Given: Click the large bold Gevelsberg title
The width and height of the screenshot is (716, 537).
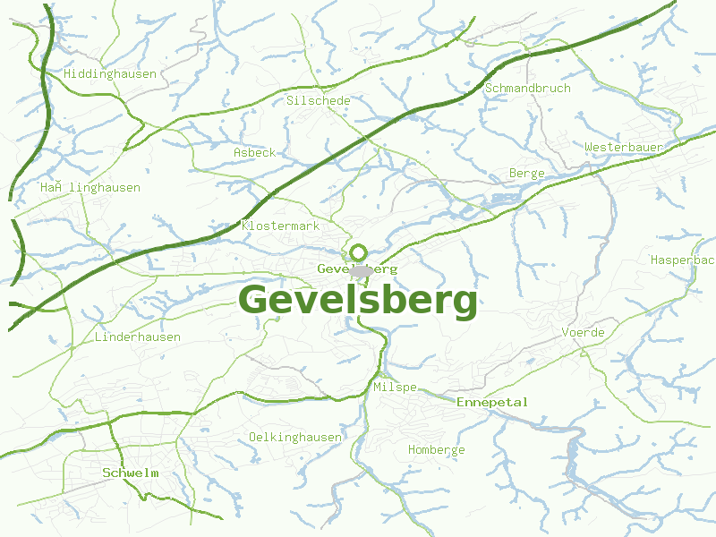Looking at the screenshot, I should [x=358, y=301].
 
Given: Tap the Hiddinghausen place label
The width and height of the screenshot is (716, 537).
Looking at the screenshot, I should [x=110, y=74].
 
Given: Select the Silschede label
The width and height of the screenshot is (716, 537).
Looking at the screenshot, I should [x=318, y=101].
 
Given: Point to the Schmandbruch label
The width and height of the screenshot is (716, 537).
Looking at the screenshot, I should [x=527, y=89].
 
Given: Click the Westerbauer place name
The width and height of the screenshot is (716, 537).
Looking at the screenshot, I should [x=623, y=147].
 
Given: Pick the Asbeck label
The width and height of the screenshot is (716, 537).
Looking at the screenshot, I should [x=254, y=153].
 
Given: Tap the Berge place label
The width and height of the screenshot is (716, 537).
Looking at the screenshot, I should [x=526, y=174].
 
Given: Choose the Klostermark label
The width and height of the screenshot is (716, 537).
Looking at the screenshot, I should [x=280, y=226].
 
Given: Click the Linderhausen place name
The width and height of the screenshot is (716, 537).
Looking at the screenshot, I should [x=137, y=337].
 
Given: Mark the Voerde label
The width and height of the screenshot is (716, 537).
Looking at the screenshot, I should [x=583, y=333].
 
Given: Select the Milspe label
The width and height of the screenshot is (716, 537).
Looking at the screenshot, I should [x=395, y=387].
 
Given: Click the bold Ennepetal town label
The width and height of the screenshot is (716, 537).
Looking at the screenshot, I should [x=492, y=403].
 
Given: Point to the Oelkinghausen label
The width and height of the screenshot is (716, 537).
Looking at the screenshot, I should [x=294, y=437].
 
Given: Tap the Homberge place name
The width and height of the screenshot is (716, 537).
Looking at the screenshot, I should [x=436, y=450].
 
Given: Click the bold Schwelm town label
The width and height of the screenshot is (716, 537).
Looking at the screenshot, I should [x=130, y=473].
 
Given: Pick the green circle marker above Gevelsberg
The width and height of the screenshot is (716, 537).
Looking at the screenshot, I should [x=359, y=252].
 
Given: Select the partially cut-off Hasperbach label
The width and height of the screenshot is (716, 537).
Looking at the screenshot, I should [x=682, y=260].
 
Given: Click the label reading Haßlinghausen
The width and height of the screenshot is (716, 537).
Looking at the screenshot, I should [x=89, y=188].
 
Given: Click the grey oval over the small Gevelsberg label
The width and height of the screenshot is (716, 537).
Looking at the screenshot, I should [x=361, y=269].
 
